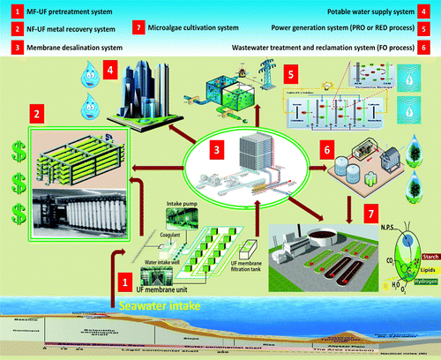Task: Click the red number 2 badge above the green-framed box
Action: tap(37, 115)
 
